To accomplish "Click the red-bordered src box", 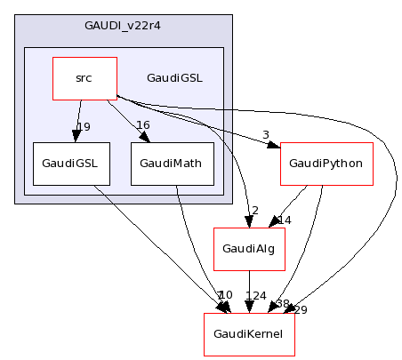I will (x=84, y=78).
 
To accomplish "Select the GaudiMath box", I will (x=172, y=164).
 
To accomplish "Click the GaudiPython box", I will (x=326, y=164).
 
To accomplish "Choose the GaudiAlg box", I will (x=249, y=249).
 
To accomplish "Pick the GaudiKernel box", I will (x=249, y=334).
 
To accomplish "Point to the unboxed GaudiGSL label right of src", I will (x=174, y=78).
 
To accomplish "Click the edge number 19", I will (x=84, y=126).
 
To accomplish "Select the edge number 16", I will (x=142, y=125).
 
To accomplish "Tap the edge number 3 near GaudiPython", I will (x=265, y=135).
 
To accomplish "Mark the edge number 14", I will (x=285, y=220).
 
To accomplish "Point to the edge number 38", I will (x=283, y=303).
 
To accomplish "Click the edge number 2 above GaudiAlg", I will (x=254, y=211).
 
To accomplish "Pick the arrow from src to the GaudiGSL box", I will (x=78, y=120).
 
